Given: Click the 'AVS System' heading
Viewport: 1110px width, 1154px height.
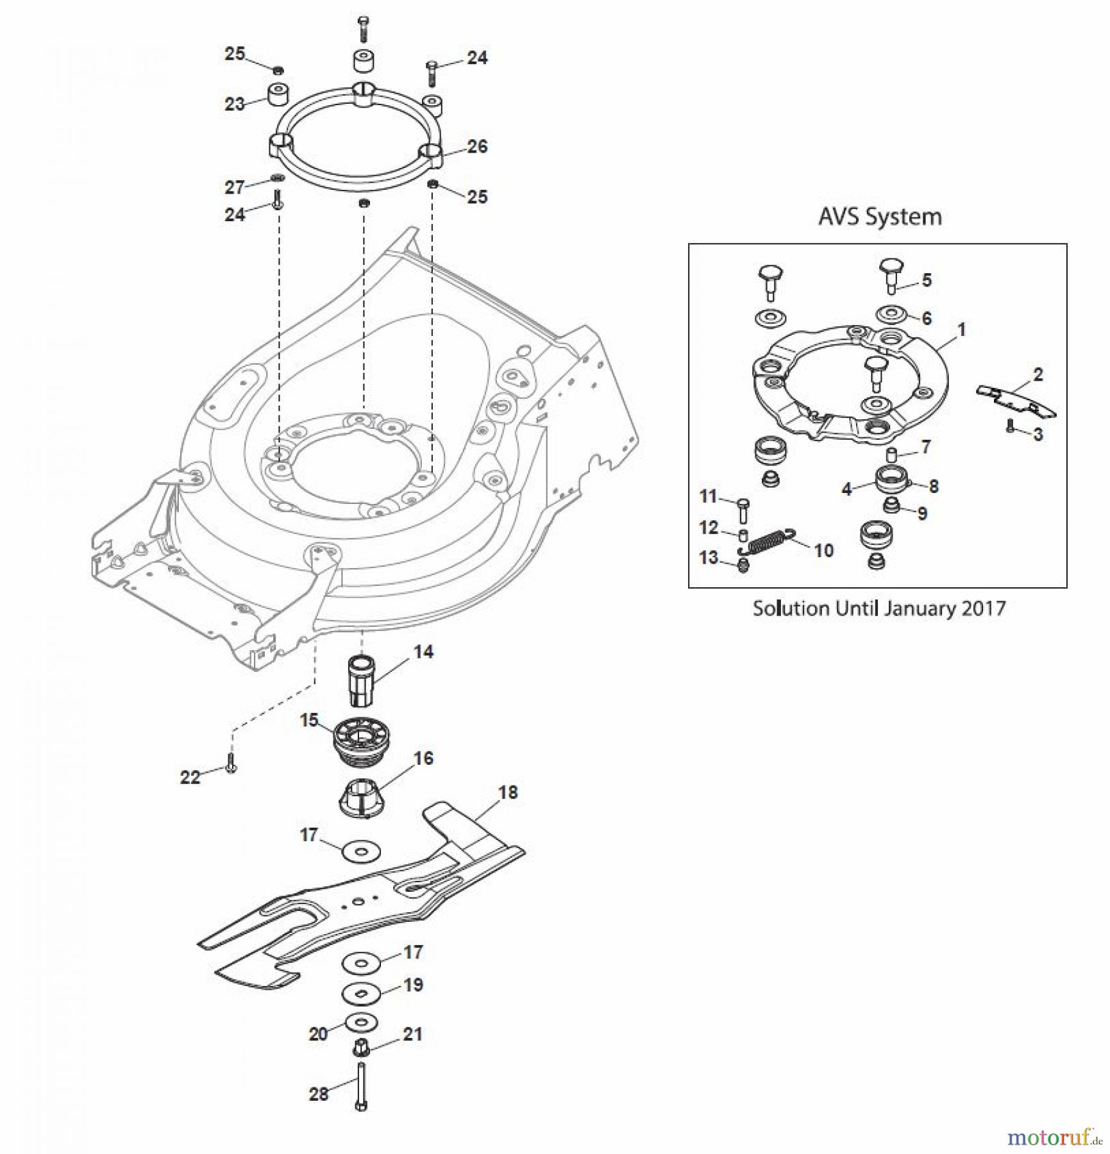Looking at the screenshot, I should (x=879, y=217).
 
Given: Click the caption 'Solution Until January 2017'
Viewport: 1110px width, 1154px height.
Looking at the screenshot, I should (x=879, y=608).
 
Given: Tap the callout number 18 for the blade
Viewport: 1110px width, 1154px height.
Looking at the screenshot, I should (x=507, y=792).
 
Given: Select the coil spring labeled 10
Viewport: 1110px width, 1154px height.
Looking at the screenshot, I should (x=768, y=542).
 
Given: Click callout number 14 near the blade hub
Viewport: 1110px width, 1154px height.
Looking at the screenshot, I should (x=423, y=652).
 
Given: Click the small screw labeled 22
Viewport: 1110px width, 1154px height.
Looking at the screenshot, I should (x=231, y=765).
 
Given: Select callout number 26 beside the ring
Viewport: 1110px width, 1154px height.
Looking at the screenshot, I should (x=477, y=146).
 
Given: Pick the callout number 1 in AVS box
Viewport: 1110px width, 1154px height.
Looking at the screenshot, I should (x=961, y=330).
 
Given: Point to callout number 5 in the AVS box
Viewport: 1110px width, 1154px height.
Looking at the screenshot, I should (x=926, y=280).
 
